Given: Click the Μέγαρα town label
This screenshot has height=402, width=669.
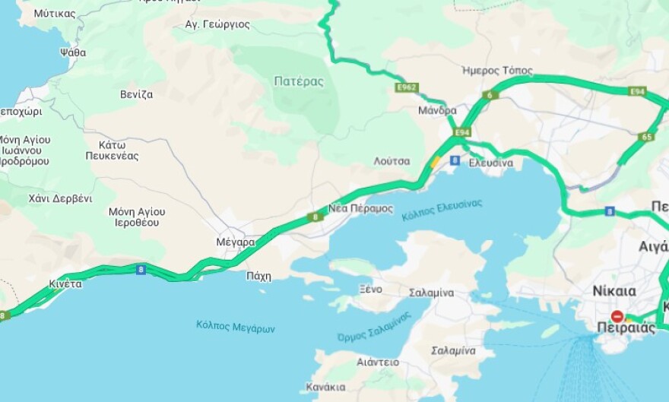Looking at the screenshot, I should pos(235,242).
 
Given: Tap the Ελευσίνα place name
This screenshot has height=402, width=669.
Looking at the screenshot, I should pos(490,163).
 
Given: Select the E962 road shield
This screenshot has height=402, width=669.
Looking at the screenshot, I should pos(407,88).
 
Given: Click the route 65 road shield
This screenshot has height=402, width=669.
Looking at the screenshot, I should pos(647,137).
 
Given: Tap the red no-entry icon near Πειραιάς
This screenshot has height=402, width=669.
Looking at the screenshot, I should pos(617,315).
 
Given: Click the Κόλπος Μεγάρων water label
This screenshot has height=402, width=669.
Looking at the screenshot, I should pos(235,328).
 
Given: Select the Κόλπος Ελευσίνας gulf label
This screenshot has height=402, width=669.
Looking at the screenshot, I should pos(442,209).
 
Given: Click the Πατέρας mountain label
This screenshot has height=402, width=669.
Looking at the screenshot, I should pos(299,81).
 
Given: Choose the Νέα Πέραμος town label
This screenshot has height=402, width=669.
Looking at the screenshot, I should pos(360,208).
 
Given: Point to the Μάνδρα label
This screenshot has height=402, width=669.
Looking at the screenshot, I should pos(437,110).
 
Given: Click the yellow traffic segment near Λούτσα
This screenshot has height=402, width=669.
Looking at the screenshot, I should pos(434,161).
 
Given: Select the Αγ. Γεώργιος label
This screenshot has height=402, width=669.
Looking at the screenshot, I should pos(217,24).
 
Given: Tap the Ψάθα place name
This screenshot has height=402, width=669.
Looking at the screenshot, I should pos(72,52).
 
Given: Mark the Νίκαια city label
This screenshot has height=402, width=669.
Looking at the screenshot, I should pos(614,291).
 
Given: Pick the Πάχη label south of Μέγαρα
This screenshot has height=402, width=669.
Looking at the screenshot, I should pos(258,277).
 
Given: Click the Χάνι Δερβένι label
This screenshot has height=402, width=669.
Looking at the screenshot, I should pos(60,198).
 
